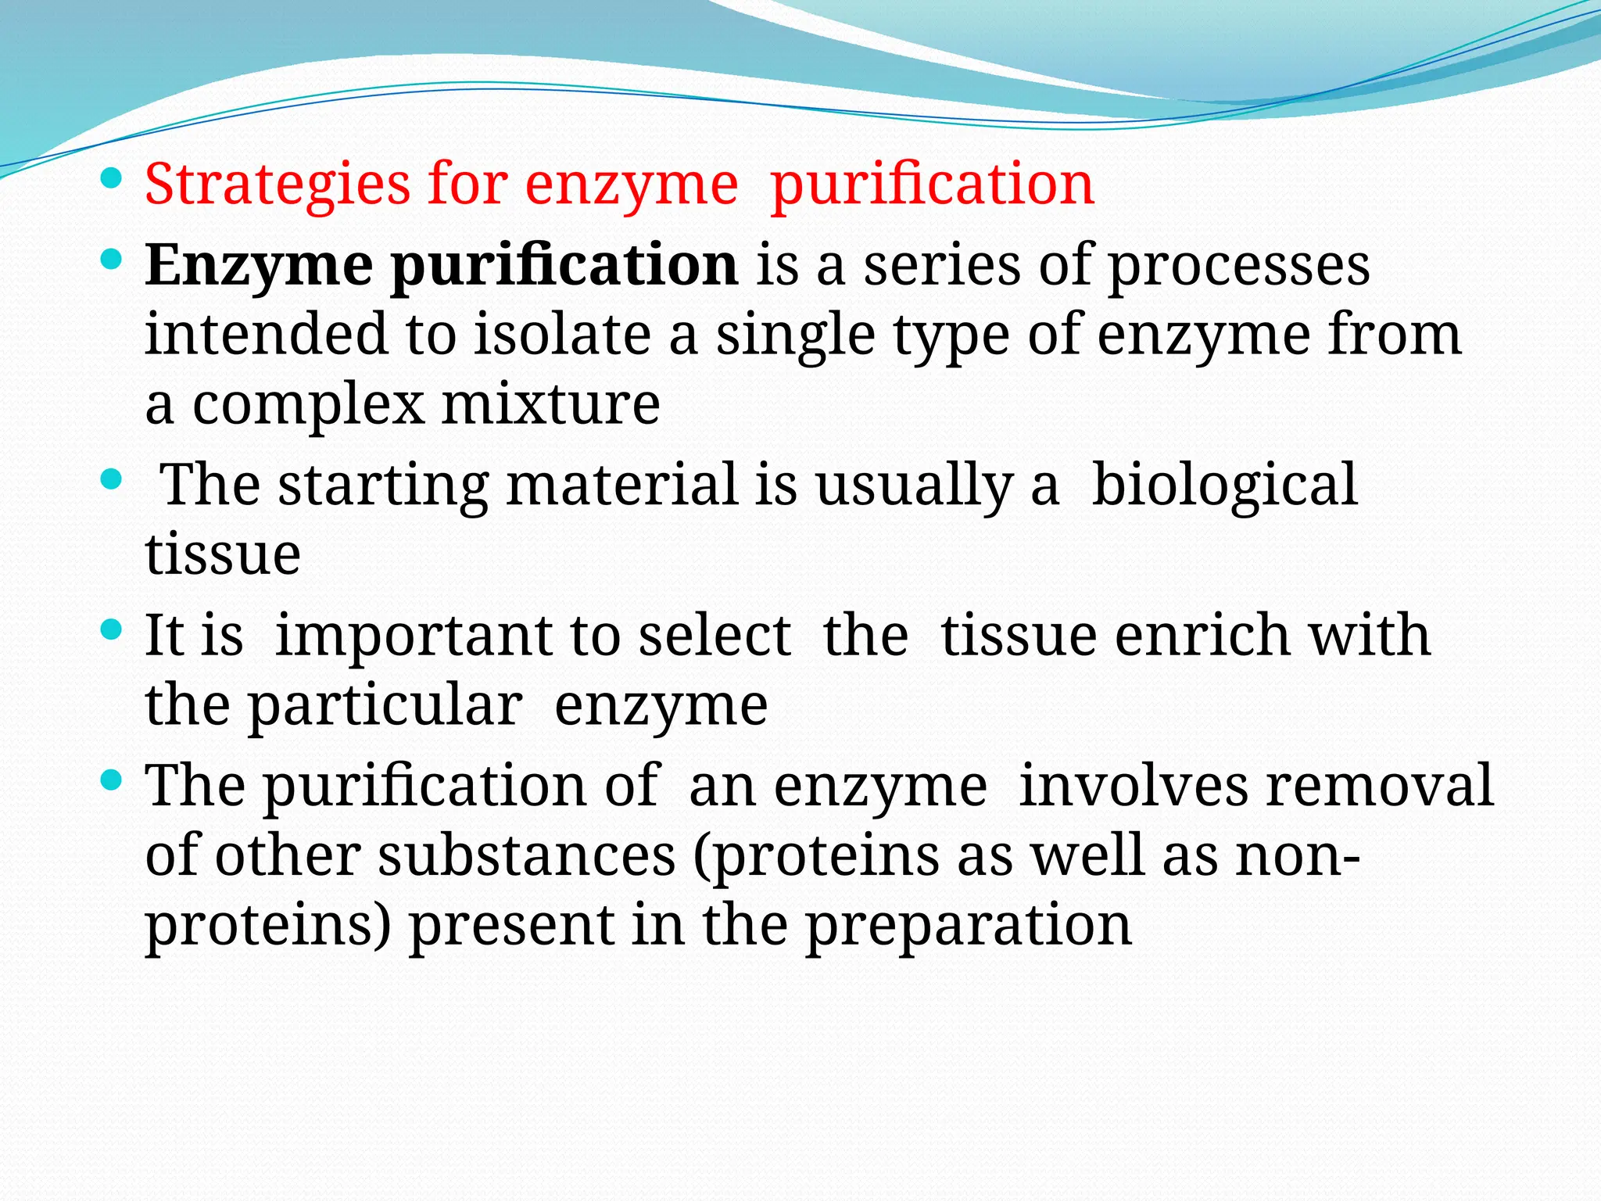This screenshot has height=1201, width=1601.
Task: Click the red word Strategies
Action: coord(277,185)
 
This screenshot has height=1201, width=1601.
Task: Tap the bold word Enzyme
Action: coord(259,266)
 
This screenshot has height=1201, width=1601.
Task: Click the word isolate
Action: coord(563,335)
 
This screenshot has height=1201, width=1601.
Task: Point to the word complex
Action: coord(307,405)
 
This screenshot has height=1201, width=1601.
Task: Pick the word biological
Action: coord(1223,485)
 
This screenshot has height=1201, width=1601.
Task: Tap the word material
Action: coord(621,485)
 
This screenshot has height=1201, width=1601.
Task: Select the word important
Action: coord(415,635)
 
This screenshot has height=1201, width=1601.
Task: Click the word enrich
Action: coord(1202,635)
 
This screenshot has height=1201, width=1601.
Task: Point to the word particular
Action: coord(385,705)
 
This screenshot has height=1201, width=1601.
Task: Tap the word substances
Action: coord(527,855)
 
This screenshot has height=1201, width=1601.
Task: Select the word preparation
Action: coord(969,926)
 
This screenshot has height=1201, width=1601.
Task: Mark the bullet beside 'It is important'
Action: coord(112,630)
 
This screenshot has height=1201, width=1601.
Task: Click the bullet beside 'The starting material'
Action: coord(112,480)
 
